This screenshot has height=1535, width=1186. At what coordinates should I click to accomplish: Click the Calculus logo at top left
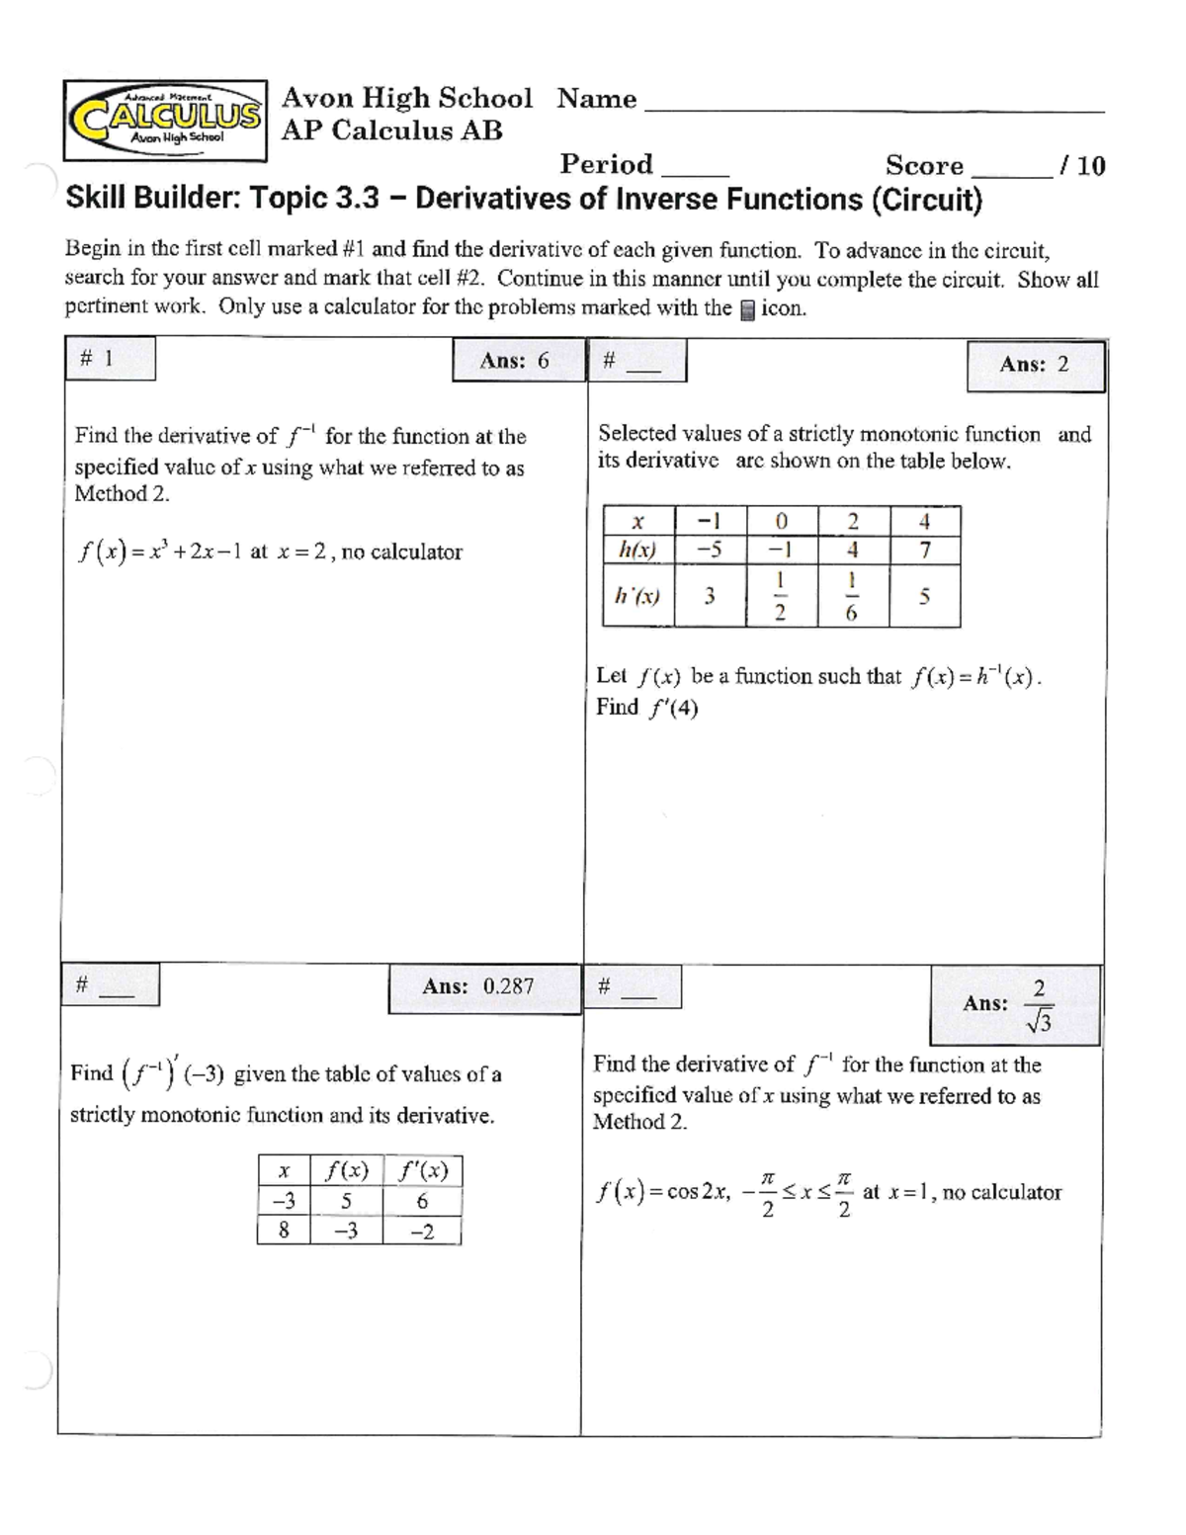pos(165,121)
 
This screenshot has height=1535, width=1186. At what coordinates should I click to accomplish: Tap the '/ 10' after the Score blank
pos(1081,166)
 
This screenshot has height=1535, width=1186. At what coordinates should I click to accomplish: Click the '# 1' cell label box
pos(110,359)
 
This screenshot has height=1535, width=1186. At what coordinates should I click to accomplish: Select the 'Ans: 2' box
pos(1035,365)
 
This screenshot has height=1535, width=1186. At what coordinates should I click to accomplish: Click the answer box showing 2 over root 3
pos(1014,1005)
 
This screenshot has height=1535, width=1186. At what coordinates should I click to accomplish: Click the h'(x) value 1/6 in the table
pos(852,596)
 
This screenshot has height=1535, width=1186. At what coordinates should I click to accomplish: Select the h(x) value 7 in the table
pos(924,551)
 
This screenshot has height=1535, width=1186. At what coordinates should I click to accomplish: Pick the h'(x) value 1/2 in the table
pos(781,596)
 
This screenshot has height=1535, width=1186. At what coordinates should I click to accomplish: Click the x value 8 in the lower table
pos(284,1232)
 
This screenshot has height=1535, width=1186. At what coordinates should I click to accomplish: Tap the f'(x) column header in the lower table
pos(422,1171)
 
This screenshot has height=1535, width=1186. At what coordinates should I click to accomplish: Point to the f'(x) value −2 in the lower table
pos(422,1232)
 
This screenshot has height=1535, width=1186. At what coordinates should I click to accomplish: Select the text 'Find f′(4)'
pos(647,708)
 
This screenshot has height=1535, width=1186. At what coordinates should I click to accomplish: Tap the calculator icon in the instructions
pos(747,309)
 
